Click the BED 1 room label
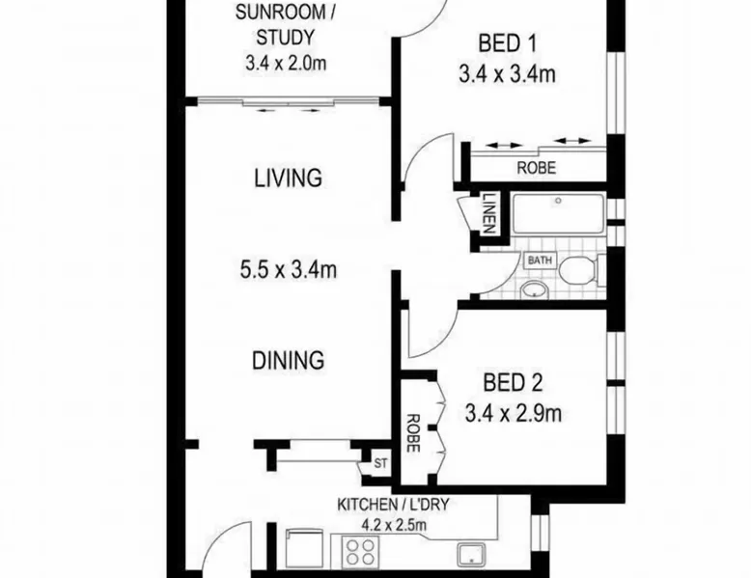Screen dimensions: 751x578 (x=507, y=43)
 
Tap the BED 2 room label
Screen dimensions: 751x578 (x=513, y=383)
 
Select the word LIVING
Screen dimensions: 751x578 (x=288, y=179)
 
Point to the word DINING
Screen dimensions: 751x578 (x=289, y=360)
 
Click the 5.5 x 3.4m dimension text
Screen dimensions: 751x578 (x=289, y=269)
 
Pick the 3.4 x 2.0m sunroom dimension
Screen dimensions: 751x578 (x=286, y=63)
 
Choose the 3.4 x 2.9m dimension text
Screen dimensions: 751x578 (x=513, y=413)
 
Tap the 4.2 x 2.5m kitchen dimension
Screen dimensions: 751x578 (x=394, y=525)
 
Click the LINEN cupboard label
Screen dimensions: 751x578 (x=488, y=212)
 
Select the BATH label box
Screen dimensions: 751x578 (x=540, y=261)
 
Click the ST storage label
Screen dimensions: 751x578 (x=380, y=463)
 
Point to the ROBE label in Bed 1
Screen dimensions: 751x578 (x=537, y=168)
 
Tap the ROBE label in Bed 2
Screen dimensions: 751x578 (x=412, y=433)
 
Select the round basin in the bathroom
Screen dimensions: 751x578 (x=535, y=289)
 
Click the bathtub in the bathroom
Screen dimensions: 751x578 (x=559, y=213)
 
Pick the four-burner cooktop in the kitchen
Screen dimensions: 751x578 (x=361, y=552)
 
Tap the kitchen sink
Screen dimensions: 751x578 (x=471, y=555)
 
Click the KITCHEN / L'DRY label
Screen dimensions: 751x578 (x=393, y=505)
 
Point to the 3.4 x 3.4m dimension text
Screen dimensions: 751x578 (x=507, y=74)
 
